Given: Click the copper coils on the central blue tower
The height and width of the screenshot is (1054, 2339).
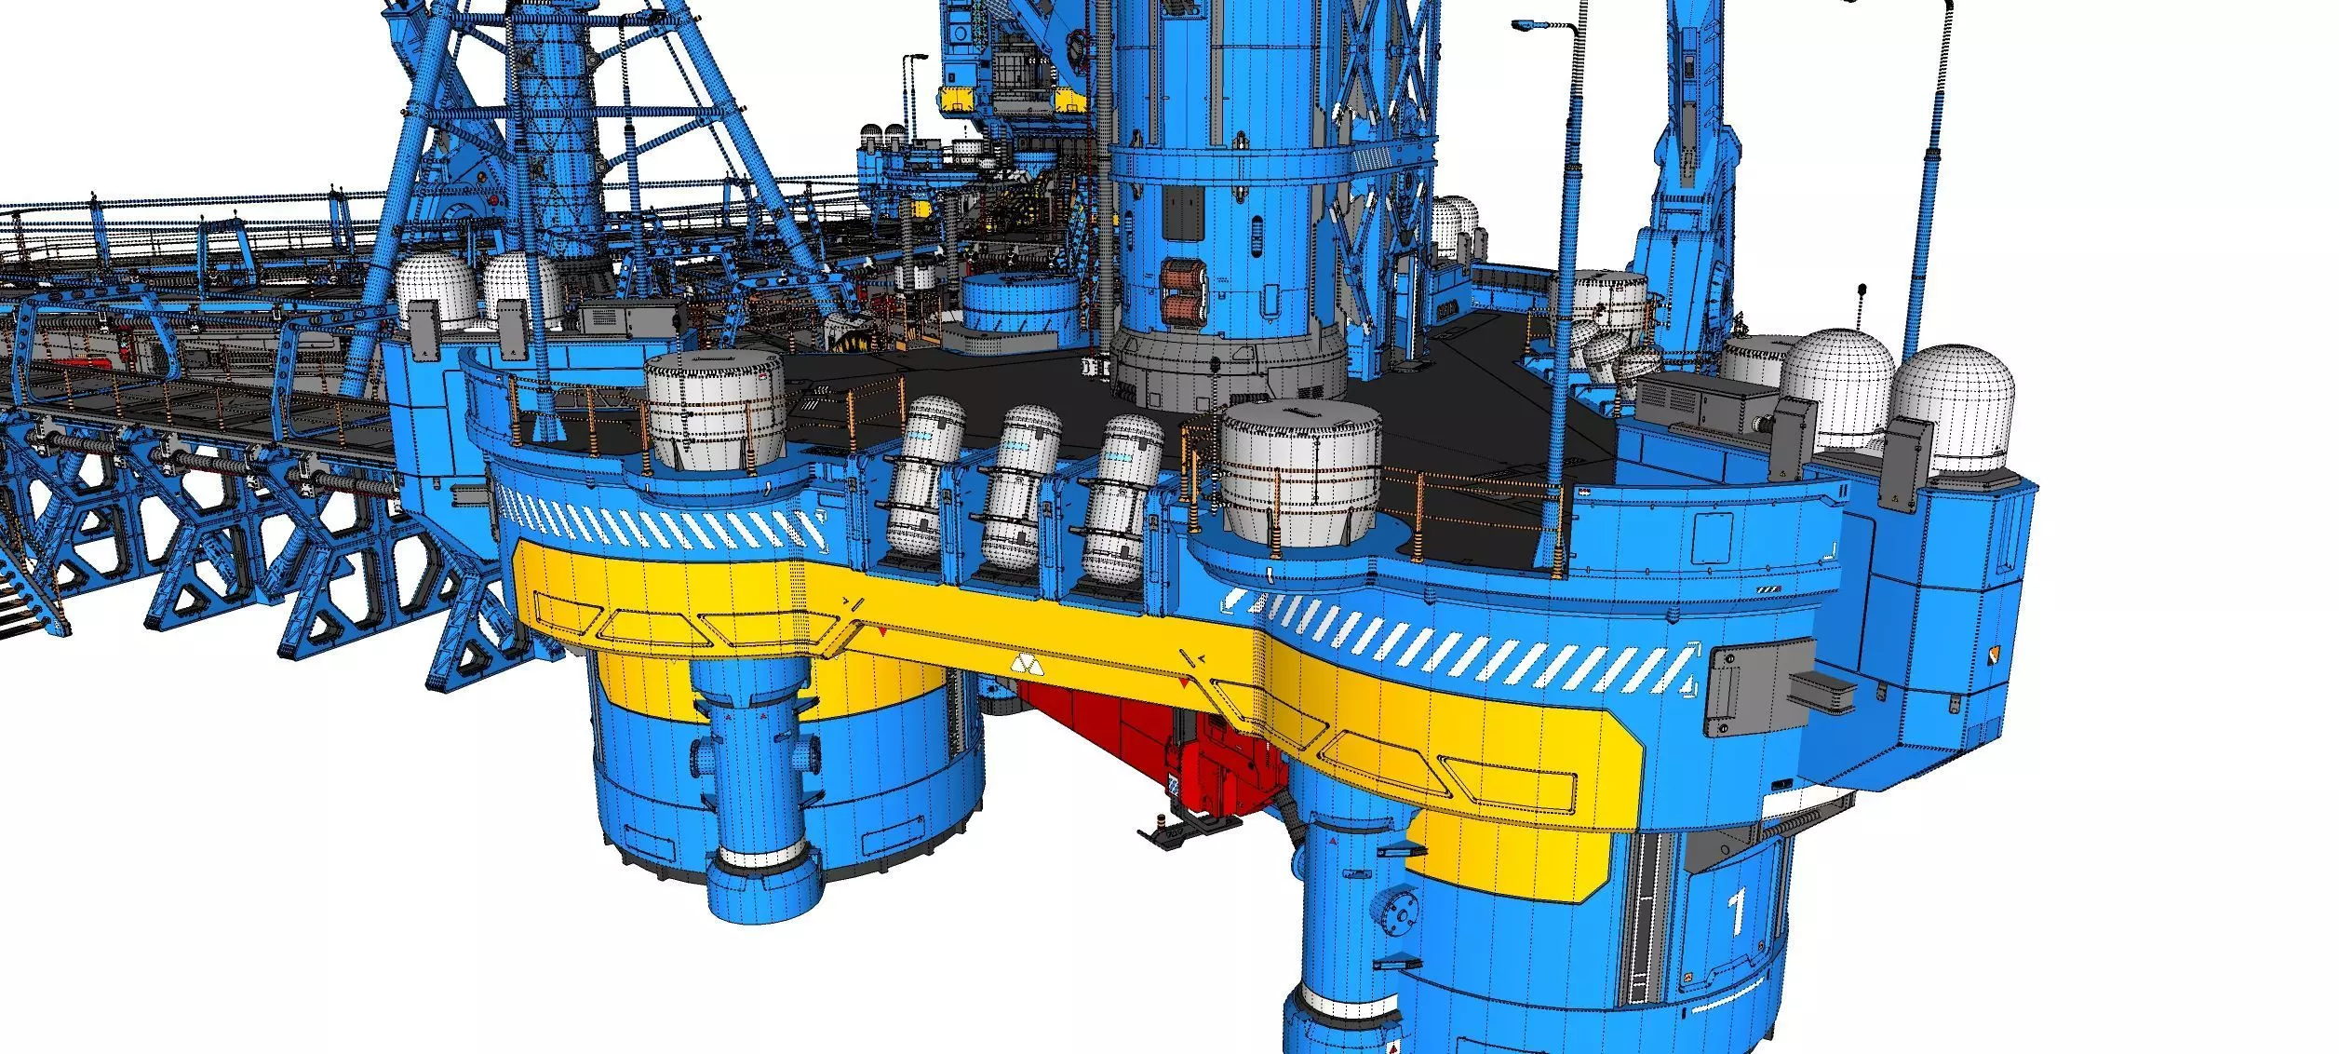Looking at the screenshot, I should [x=1182, y=293].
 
